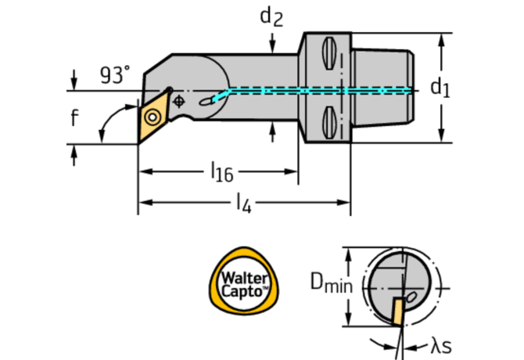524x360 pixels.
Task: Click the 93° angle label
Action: point(115,76)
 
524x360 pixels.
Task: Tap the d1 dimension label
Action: point(440,88)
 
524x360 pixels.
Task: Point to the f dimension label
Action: point(74,118)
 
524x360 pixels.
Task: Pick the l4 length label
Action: point(243,203)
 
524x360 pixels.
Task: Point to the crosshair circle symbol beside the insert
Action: point(181,101)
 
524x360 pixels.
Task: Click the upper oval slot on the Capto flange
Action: point(329,54)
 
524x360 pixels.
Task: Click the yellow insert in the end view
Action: point(400,311)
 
